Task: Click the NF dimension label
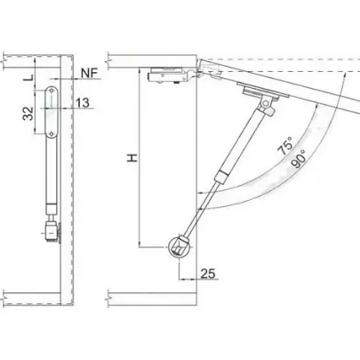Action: tap(90, 73)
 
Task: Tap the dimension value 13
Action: tap(82, 103)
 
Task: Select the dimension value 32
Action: tap(28, 114)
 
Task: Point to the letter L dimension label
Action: tap(28, 78)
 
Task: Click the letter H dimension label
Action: tap(132, 157)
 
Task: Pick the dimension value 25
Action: tap(208, 274)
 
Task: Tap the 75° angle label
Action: tap(285, 146)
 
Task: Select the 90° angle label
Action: tap(298, 159)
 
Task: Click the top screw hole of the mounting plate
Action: tap(52, 91)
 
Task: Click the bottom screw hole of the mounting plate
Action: tap(52, 134)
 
